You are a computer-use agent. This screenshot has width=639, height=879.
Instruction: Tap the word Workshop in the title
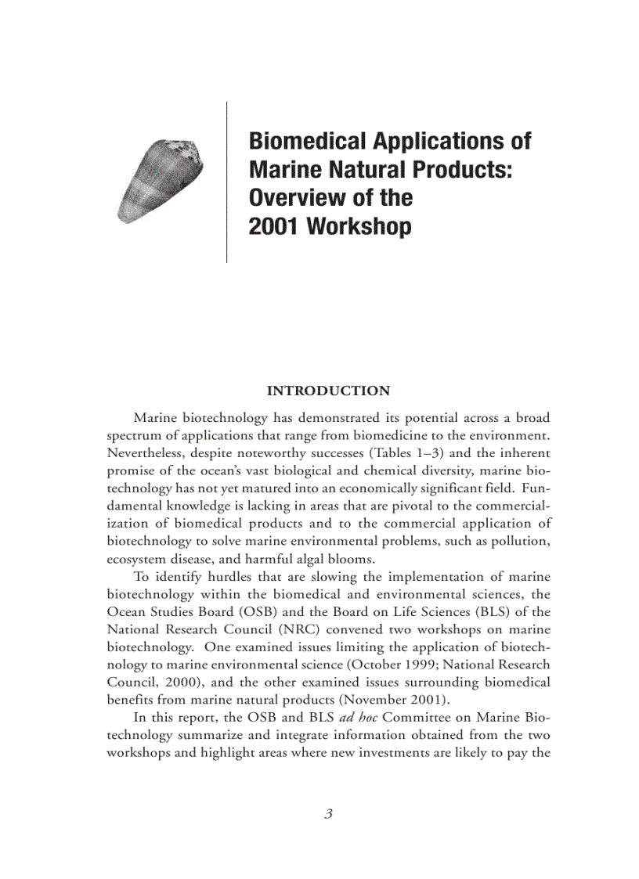(x=359, y=227)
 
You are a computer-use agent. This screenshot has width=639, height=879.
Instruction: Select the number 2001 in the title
(x=274, y=227)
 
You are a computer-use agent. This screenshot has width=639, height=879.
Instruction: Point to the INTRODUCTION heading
(x=328, y=391)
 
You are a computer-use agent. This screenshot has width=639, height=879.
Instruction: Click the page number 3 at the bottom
(x=329, y=814)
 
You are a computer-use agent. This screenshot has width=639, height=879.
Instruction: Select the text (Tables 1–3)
(x=416, y=453)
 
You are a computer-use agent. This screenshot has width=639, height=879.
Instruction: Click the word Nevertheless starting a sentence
(x=143, y=453)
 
